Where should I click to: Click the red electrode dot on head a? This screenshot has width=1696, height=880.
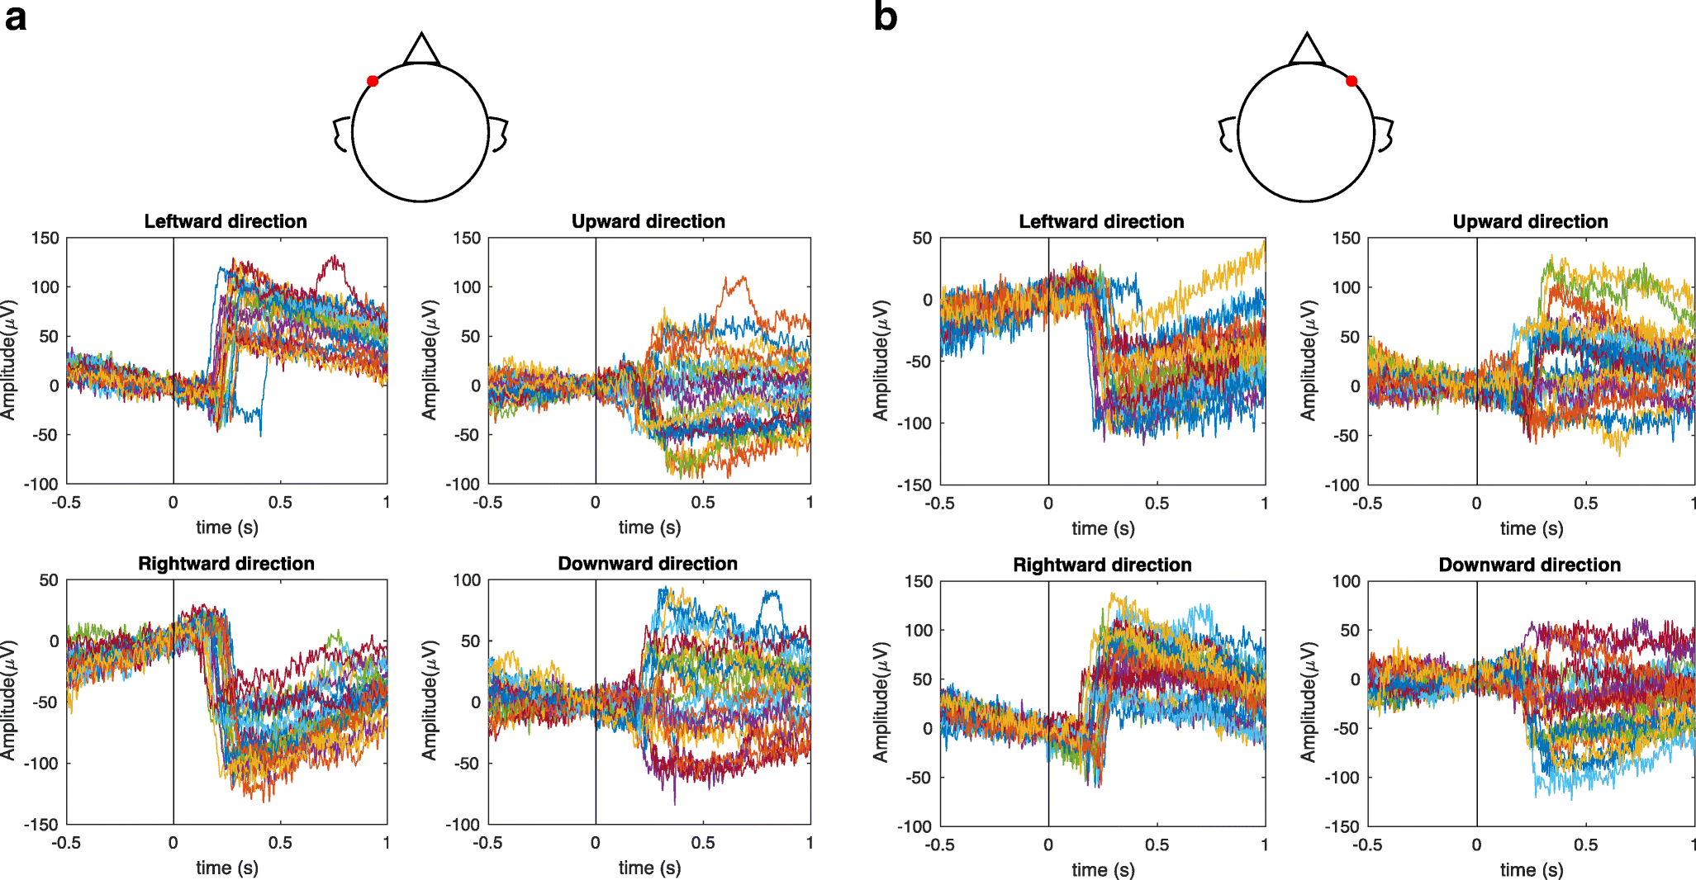373,81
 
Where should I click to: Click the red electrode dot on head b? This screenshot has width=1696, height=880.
1352,81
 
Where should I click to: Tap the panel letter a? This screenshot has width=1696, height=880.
16,17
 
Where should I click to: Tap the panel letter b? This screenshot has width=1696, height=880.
885,16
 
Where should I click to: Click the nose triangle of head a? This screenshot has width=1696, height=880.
421,50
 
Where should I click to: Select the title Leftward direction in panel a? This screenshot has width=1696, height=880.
226,221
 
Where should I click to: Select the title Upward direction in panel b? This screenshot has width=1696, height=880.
1530,221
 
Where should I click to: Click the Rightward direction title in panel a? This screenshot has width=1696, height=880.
226,563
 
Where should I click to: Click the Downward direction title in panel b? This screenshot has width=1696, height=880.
1529,565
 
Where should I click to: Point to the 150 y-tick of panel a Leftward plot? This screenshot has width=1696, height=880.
45,239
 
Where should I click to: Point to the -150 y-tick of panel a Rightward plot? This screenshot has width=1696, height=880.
40,824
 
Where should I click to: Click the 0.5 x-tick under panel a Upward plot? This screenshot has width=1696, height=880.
703,502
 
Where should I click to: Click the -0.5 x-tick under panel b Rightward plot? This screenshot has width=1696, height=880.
939,845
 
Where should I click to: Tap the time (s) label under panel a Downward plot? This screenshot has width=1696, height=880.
649,868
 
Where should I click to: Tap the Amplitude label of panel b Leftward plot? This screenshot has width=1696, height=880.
881,360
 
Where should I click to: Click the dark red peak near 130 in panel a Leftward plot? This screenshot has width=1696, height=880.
334,258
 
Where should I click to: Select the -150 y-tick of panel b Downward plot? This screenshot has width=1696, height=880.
1342,826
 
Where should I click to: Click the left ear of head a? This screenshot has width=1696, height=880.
341,135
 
